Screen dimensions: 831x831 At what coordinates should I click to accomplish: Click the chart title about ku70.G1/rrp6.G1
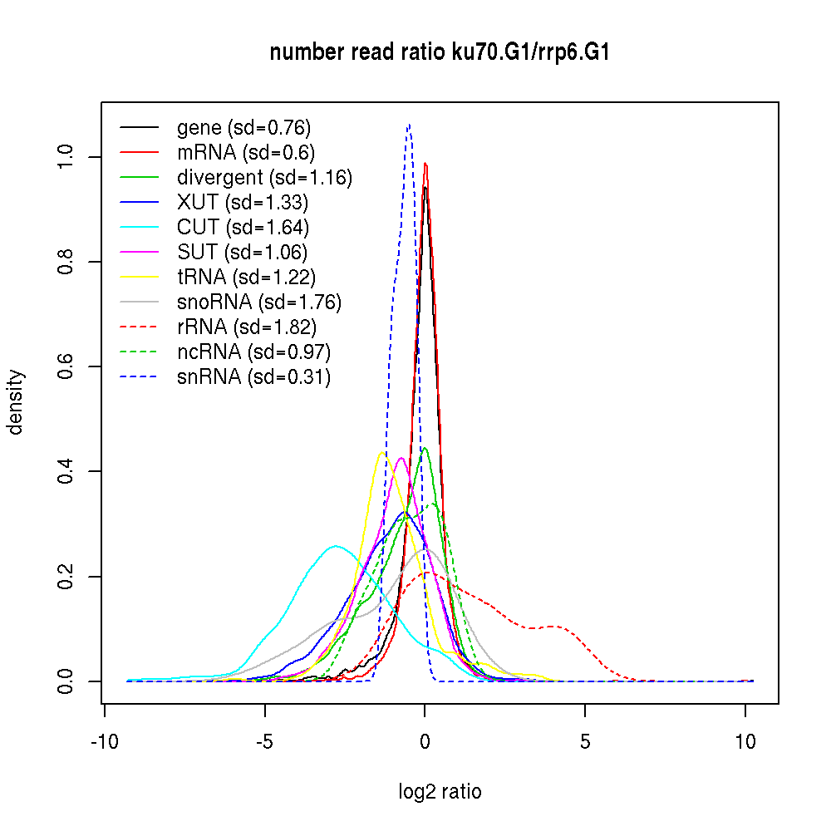point(440,53)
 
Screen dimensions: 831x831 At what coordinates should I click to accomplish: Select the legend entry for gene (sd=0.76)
point(243,128)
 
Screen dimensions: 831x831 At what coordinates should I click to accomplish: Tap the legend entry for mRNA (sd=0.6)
point(246,153)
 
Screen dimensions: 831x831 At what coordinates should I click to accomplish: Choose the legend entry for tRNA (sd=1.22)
point(246,277)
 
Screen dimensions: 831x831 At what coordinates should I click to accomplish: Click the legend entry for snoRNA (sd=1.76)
point(259,302)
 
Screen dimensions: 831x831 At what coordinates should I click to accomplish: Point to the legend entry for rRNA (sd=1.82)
point(247,327)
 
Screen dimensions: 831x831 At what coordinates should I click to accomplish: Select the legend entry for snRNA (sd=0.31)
point(253,376)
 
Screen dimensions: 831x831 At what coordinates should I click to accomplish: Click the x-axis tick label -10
point(104,742)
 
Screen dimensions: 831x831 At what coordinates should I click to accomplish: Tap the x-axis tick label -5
point(264,742)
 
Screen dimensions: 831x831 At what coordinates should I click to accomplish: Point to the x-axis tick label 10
point(745,742)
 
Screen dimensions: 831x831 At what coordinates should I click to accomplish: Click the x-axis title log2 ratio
point(440,791)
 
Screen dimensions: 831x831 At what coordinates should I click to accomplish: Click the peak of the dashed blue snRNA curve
point(409,125)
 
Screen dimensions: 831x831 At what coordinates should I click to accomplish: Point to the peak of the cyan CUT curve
point(336,546)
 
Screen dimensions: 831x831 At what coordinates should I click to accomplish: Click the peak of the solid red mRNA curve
point(425,163)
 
